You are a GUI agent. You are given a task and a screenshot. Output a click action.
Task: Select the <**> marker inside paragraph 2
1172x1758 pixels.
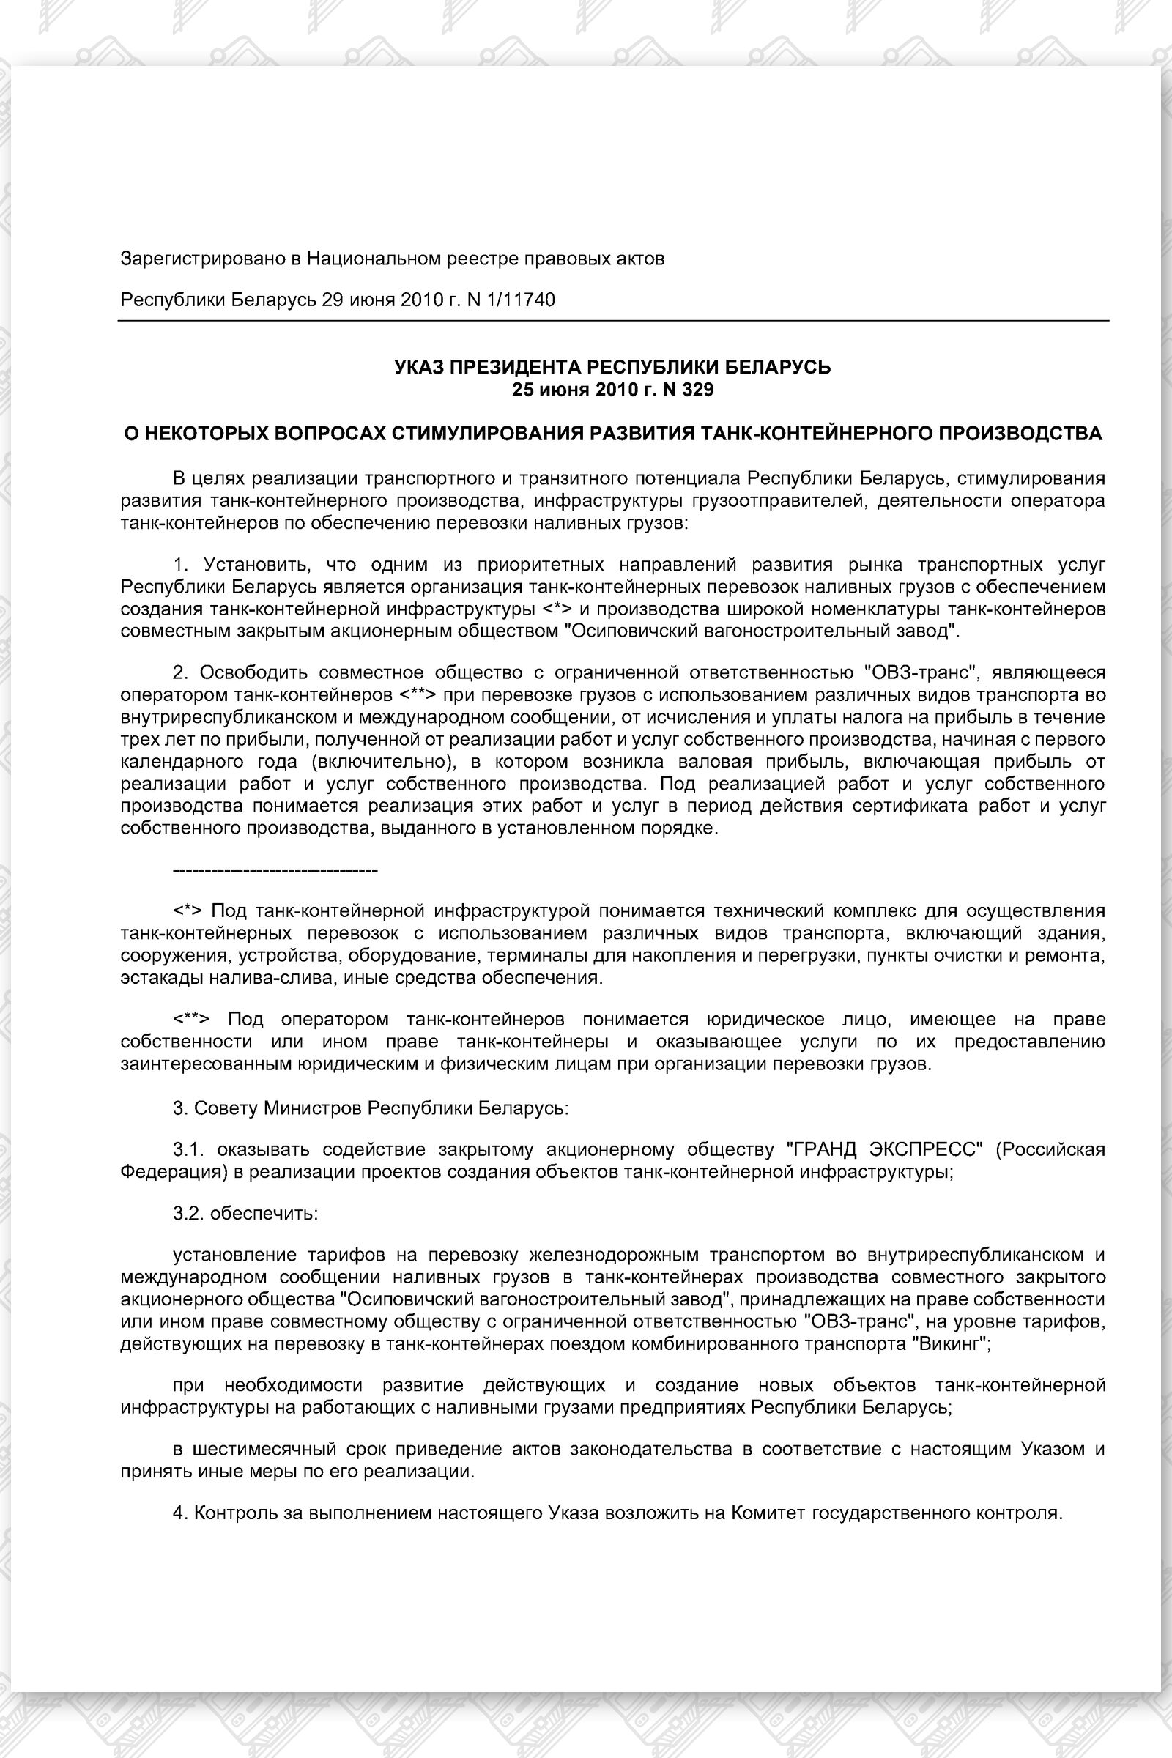pyautogui.click(x=417, y=695)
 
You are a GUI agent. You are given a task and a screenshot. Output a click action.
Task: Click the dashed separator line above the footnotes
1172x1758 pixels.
pyautogui.click(x=275, y=871)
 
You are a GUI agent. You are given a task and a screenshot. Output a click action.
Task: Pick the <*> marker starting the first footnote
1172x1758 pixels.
pyautogui.click(x=188, y=911)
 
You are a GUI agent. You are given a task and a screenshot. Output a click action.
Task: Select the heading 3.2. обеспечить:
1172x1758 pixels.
pyautogui.click(x=246, y=1213)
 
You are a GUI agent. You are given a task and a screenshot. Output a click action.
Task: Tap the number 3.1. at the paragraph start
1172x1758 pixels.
pyautogui.click(x=188, y=1149)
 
